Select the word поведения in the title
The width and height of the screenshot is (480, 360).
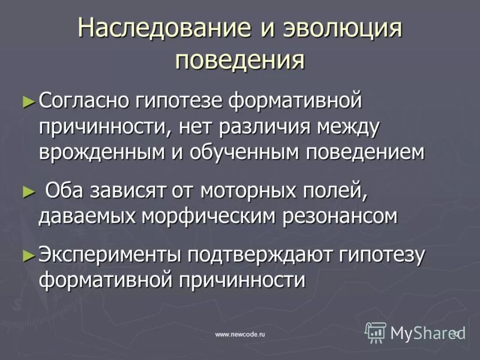tap(239, 60)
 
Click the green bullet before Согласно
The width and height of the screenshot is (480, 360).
tap(26, 100)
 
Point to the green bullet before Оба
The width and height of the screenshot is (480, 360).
tap(26, 192)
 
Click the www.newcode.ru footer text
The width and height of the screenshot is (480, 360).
tap(240, 334)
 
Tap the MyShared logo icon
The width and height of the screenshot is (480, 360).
tap(376, 332)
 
